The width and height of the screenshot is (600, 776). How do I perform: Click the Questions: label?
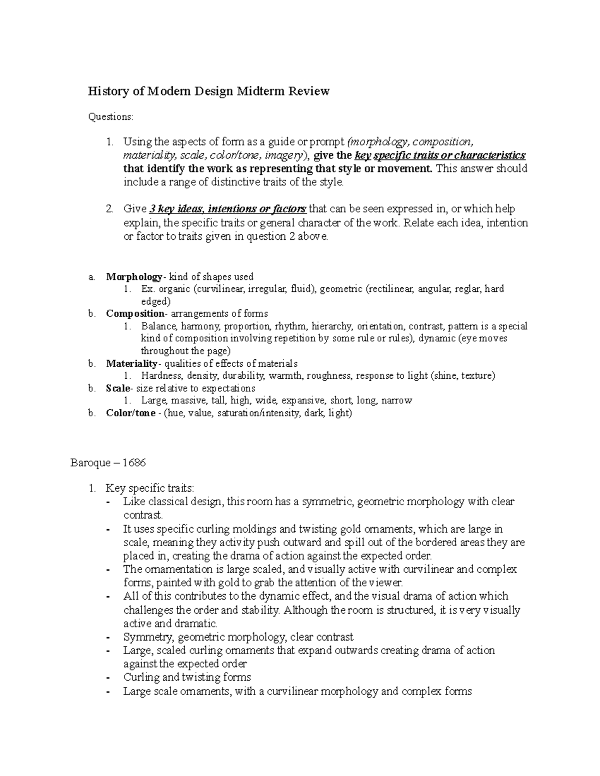point(111,117)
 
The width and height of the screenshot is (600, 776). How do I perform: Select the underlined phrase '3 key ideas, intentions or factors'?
point(227,209)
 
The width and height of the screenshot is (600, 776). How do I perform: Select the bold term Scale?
point(118,388)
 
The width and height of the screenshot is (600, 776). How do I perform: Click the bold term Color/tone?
point(130,413)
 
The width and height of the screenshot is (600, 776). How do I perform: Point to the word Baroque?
point(90,463)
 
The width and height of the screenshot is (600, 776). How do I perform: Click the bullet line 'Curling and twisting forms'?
point(187,678)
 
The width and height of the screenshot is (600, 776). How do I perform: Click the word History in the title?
point(106,91)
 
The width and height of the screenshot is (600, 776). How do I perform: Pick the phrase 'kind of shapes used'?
point(211,277)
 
